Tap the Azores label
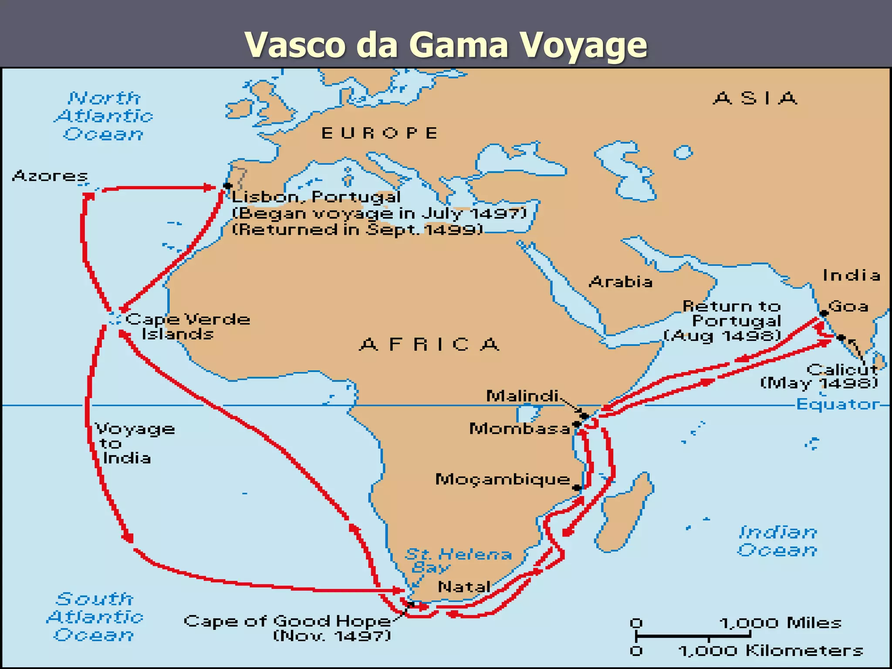point(50,176)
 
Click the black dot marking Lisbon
point(227,186)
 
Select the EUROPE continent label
point(379,133)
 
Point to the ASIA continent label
point(755,98)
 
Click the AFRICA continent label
point(429,345)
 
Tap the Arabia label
point(621,282)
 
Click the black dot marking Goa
point(823,313)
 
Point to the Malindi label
point(522,396)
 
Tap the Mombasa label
point(519,429)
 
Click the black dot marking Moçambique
point(577,488)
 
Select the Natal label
point(464,587)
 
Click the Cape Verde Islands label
point(187,326)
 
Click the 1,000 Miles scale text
point(780,623)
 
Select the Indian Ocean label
point(777,541)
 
